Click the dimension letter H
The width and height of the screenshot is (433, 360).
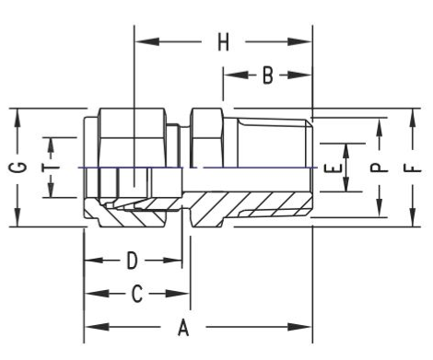pos(223,42)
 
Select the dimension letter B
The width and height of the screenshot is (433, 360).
pos(268,75)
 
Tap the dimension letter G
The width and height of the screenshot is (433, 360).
pos(18,168)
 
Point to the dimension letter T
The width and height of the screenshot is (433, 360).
pos(51,168)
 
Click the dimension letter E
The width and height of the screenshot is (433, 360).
pos(333,168)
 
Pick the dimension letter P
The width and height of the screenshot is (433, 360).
pos(380,168)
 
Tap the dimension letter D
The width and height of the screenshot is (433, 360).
pos(133,261)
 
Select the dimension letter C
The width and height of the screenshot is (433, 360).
pos(136,294)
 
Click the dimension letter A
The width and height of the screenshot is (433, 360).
pos(183,327)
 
